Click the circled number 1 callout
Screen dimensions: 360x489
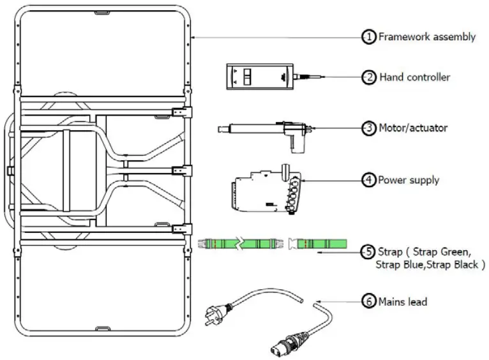point(369,37)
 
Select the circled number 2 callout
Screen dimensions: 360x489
point(369,77)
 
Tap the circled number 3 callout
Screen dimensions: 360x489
point(369,128)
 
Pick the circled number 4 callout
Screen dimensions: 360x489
point(369,180)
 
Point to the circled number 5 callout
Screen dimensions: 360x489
point(369,252)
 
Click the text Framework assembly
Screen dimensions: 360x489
point(426,37)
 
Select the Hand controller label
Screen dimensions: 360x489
point(415,77)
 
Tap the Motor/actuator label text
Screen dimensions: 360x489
point(414,128)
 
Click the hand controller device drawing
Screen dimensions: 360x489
point(259,78)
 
